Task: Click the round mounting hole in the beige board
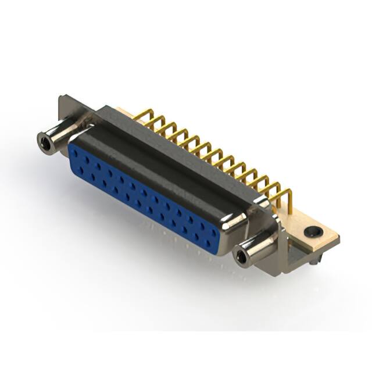pyautogui.click(x=313, y=231)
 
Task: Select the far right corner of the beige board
pyautogui.click(x=338, y=239)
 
